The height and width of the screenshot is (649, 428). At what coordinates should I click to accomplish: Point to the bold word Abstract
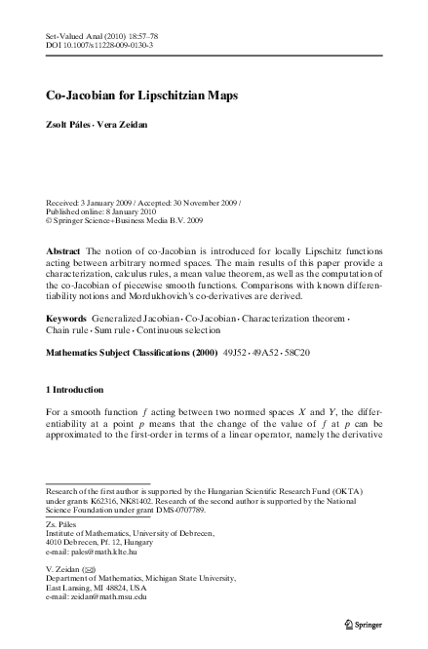coord(65,251)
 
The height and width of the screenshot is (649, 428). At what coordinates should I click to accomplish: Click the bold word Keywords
coord(69,319)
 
